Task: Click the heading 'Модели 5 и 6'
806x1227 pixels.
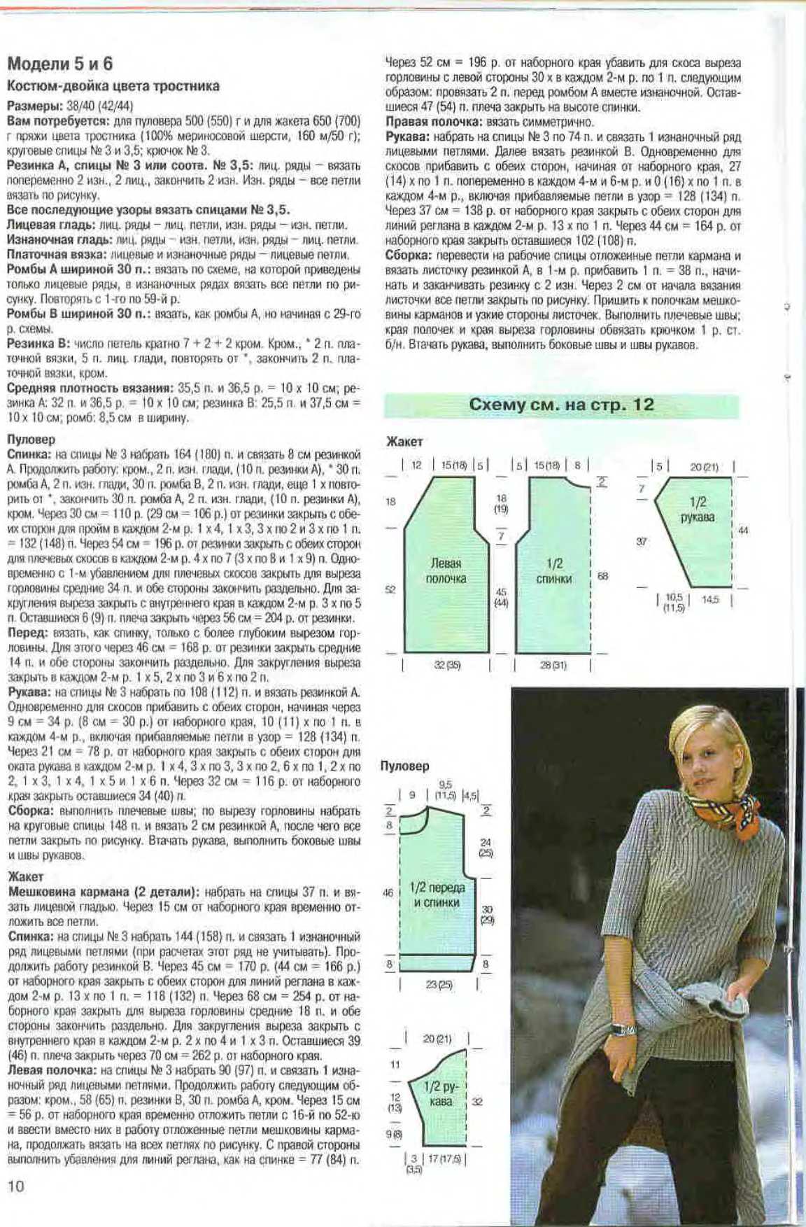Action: [60, 64]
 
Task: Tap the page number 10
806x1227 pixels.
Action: [15, 1186]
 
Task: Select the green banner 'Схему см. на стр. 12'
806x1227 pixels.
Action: [561, 405]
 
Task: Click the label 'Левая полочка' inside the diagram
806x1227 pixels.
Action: [446, 570]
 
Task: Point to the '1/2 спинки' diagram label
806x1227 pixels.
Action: [553, 570]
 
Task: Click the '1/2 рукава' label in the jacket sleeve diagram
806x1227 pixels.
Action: [698, 509]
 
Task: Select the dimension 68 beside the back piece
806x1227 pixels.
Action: [602, 576]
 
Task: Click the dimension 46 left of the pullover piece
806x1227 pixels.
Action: [388, 892]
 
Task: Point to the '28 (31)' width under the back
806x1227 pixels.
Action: [553, 665]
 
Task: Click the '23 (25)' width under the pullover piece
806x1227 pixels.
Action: [439, 984]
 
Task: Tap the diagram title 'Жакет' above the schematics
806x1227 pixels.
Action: [404, 442]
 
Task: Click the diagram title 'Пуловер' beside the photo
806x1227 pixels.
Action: [405, 766]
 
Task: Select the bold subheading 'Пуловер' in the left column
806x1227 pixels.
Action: [31, 440]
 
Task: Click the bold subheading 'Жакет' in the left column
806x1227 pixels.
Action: [26, 876]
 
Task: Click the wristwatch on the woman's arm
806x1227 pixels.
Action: [623, 1029]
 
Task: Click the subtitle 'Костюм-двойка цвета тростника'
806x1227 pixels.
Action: [113, 86]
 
